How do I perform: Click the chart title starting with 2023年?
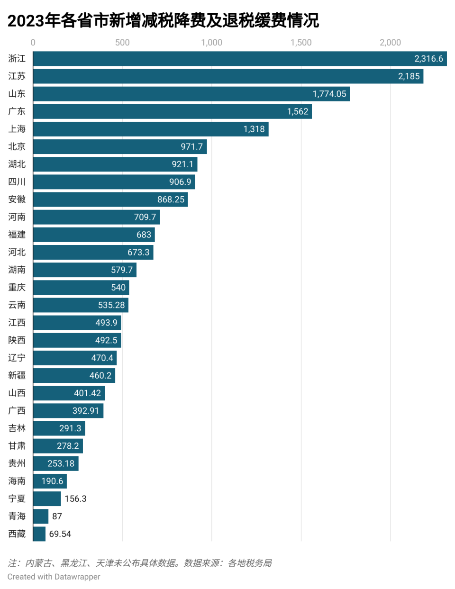pyautogui.click(x=163, y=20)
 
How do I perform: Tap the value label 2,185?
pyautogui.click(x=409, y=76)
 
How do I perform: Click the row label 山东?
pyautogui.click(x=17, y=94)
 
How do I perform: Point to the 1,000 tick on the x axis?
pyautogui.click(x=211, y=43)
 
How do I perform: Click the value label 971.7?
pyautogui.click(x=191, y=147)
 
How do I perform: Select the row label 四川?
pyautogui.click(x=17, y=182)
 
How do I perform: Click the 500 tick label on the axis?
pyautogui.click(x=122, y=43)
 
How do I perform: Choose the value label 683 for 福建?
pyautogui.click(x=144, y=235)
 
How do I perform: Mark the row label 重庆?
pyautogui.click(x=17, y=288)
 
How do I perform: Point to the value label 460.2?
pyautogui.click(x=100, y=376)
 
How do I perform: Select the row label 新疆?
pyautogui.click(x=17, y=376)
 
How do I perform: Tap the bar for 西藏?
pyautogui.click(x=39, y=534)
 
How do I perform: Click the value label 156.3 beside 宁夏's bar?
pyautogui.click(x=75, y=499)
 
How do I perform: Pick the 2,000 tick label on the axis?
pyautogui.click(x=390, y=43)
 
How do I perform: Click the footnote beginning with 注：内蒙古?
pyautogui.click(x=140, y=563)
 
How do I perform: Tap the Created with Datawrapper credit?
pyautogui.click(x=54, y=577)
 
